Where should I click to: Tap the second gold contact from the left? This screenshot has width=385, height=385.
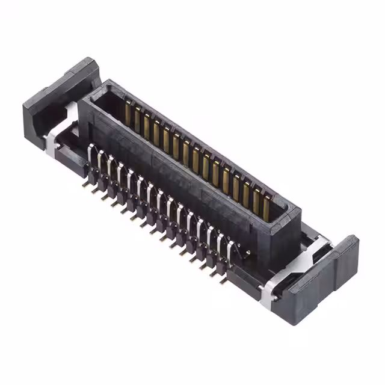point(137,119)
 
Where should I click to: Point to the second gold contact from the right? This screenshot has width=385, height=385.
point(256,200)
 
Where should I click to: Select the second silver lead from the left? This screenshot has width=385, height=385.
point(100,161)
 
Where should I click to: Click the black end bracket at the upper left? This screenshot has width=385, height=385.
point(60,96)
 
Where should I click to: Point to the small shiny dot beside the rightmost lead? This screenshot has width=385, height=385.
point(247,253)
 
